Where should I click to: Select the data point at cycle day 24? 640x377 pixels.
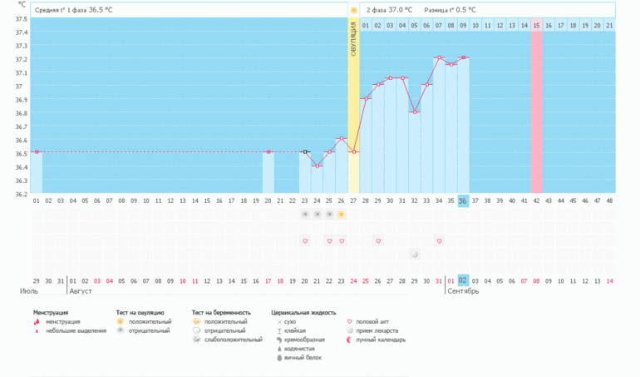[x=317, y=166]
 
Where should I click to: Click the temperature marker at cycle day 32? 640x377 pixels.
[x=415, y=112]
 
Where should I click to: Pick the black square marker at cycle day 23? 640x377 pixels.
[x=305, y=152]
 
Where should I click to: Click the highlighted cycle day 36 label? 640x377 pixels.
[x=463, y=201]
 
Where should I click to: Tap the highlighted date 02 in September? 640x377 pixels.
[x=463, y=280]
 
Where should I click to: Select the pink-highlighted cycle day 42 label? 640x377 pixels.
[x=536, y=201]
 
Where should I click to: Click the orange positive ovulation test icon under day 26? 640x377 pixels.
[x=341, y=215]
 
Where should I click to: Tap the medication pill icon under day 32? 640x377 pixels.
[x=415, y=254]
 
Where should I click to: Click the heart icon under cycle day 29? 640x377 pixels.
[x=378, y=241]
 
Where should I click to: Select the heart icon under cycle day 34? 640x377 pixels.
[x=439, y=241]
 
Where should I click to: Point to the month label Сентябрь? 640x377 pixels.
[x=463, y=291]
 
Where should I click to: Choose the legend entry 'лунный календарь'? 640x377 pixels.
[x=381, y=340]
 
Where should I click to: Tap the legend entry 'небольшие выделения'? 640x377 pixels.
[x=76, y=330]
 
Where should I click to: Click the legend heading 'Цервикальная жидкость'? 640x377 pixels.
[x=303, y=313]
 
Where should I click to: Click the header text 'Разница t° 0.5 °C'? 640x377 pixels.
[x=450, y=10]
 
